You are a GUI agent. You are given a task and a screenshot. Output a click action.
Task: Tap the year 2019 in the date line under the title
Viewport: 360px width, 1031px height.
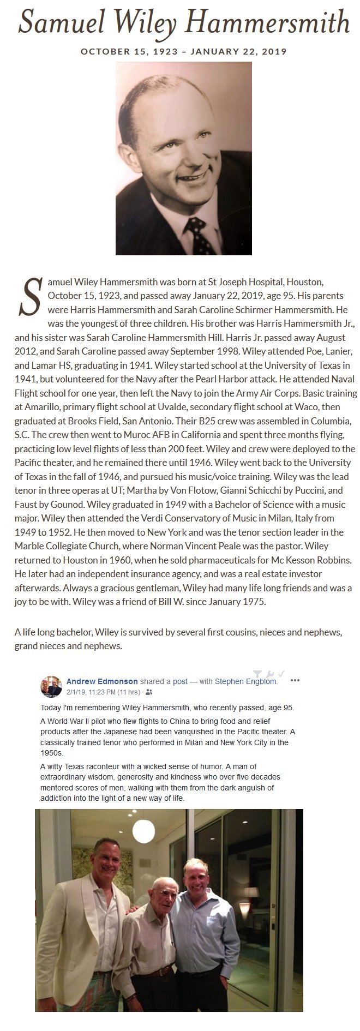(x=274, y=52)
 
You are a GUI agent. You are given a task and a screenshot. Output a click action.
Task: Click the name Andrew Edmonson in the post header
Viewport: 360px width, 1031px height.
(x=102, y=681)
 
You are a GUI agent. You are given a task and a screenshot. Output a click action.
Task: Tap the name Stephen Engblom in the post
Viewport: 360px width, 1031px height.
(x=245, y=681)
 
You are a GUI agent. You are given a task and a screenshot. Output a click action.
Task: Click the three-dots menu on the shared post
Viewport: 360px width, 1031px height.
(x=295, y=681)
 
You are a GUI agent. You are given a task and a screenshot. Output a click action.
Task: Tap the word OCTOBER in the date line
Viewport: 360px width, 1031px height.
(x=103, y=52)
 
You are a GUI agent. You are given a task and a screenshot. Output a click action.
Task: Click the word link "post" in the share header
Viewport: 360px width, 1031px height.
(x=180, y=681)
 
